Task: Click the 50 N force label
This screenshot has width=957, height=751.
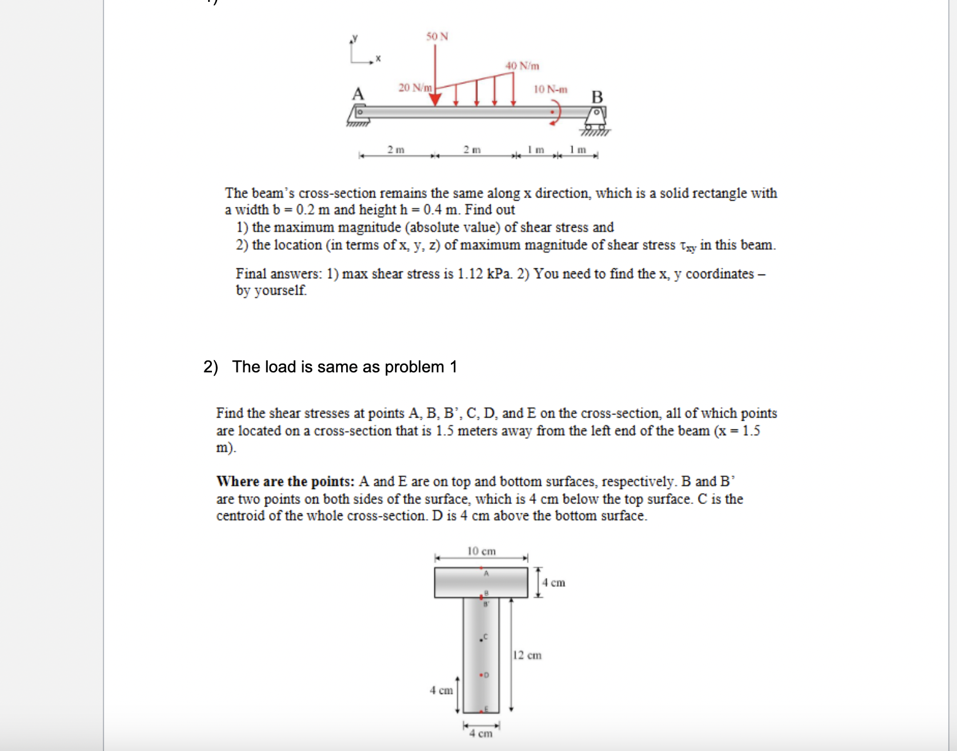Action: (x=437, y=36)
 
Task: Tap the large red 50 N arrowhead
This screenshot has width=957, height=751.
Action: (x=435, y=99)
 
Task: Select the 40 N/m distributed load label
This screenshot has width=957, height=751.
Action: (x=522, y=66)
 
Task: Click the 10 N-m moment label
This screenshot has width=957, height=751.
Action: (x=550, y=90)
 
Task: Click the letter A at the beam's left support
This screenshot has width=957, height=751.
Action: (x=357, y=94)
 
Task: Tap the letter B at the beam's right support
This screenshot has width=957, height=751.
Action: (x=597, y=97)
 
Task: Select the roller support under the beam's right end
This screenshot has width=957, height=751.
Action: (x=595, y=119)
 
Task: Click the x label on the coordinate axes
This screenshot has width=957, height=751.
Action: (x=378, y=59)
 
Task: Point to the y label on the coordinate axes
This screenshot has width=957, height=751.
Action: (x=355, y=38)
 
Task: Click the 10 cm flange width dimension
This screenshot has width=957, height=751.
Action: (x=481, y=551)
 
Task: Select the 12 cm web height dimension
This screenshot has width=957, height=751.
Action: (x=527, y=655)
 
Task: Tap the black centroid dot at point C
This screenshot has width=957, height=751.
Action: (x=480, y=639)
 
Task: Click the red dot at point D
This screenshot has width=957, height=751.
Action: (x=480, y=675)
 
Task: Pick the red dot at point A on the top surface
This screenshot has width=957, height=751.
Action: (x=481, y=567)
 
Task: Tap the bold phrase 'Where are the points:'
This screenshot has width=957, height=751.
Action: (x=285, y=481)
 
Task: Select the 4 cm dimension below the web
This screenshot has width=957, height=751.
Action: (x=481, y=733)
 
